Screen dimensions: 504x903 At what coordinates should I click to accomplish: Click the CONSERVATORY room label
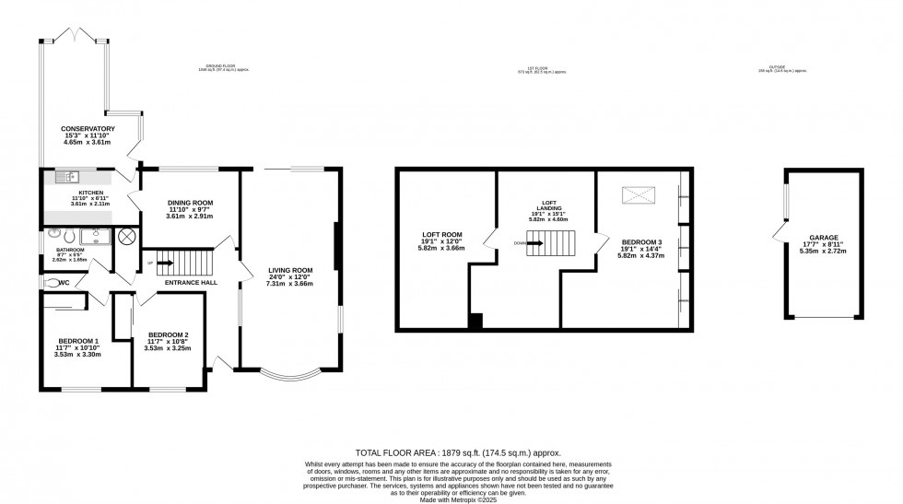(88, 128)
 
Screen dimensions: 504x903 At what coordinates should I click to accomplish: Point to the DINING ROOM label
(190, 203)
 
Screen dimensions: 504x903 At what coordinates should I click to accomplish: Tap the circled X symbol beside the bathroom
(126, 237)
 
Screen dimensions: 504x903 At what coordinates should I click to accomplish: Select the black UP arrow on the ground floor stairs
(167, 264)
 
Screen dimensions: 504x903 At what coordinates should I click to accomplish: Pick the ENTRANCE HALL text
(193, 282)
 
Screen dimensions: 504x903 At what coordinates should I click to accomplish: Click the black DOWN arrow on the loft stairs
(531, 243)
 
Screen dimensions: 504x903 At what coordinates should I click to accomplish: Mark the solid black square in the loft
(475, 321)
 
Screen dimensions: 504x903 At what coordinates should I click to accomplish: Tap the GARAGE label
(825, 238)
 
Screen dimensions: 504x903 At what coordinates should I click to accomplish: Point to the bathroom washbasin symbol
(95, 236)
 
